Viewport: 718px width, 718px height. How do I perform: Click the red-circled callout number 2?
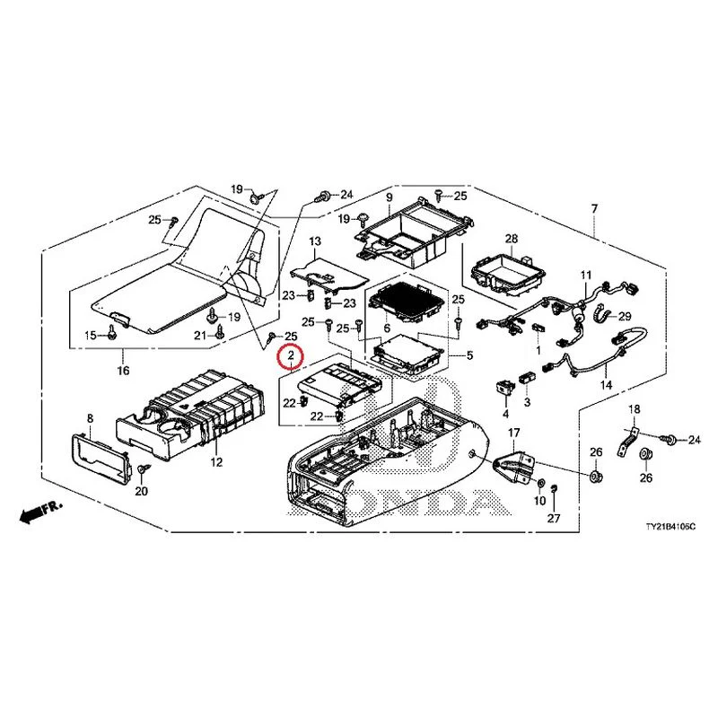pyautogui.click(x=290, y=355)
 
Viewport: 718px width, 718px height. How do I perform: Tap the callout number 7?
pyautogui.click(x=594, y=209)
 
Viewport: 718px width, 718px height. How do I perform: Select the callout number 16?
pyautogui.click(x=123, y=370)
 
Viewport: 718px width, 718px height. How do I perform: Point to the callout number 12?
pyautogui.click(x=216, y=462)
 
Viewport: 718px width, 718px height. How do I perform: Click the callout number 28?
pyautogui.click(x=512, y=239)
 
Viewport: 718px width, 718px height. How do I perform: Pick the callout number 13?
pyautogui.click(x=315, y=241)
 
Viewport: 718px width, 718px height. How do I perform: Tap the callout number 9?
pyautogui.click(x=390, y=197)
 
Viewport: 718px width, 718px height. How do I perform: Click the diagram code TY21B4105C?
pyautogui.click(x=670, y=527)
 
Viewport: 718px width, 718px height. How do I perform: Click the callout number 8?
pyautogui.click(x=91, y=418)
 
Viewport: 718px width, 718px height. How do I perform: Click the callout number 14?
pyautogui.click(x=606, y=385)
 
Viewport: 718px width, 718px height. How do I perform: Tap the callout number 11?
pyautogui.click(x=586, y=276)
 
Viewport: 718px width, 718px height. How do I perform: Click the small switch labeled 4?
pyautogui.click(x=505, y=387)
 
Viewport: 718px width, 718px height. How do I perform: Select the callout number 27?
pyautogui.click(x=554, y=518)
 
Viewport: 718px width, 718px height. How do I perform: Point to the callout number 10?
pyautogui.click(x=540, y=501)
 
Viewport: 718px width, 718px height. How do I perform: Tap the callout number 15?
pyautogui.click(x=91, y=335)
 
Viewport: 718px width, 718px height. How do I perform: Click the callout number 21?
pyautogui.click(x=199, y=336)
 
